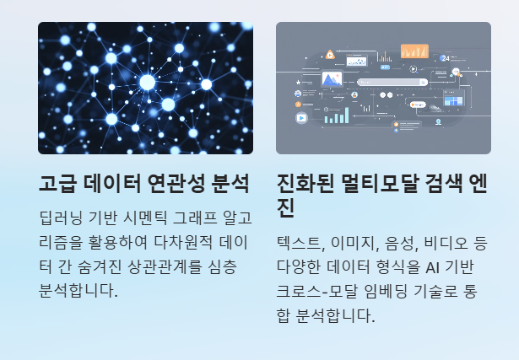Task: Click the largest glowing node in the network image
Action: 147,82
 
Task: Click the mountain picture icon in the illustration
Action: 331,80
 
